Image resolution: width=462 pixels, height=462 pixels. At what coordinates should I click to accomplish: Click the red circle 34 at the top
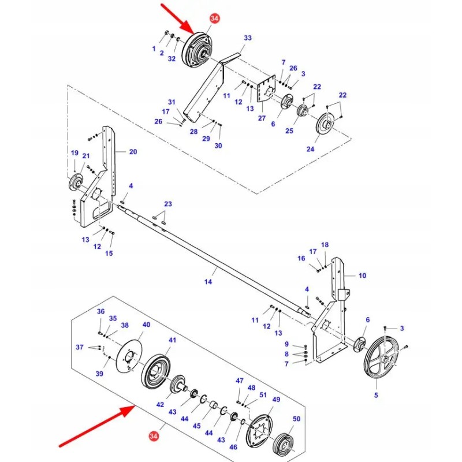pyautogui.click(x=215, y=19)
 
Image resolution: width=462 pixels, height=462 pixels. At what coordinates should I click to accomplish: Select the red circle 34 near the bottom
pyautogui.click(x=154, y=434)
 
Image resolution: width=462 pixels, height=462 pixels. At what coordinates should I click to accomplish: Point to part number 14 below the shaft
pyautogui.click(x=208, y=282)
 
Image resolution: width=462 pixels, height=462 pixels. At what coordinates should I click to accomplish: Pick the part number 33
pyautogui.click(x=248, y=38)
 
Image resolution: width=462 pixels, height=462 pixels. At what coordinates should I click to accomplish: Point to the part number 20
pyautogui.click(x=133, y=152)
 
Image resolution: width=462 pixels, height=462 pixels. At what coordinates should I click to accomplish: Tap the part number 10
pyautogui.click(x=362, y=275)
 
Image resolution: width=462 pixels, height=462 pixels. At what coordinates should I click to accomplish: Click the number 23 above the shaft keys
pyautogui.click(x=168, y=204)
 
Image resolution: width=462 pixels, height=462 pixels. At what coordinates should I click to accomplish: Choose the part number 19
pyautogui.click(x=74, y=152)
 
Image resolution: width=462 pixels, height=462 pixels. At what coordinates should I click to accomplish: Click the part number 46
pyautogui.click(x=233, y=447)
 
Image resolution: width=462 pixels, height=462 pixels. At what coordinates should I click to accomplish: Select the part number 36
pyautogui.click(x=101, y=312)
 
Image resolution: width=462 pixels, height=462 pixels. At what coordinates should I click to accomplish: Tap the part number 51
pyautogui.click(x=263, y=395)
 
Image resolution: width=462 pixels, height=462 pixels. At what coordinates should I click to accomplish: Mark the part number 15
pyautogui.click(x=109, y=254)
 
